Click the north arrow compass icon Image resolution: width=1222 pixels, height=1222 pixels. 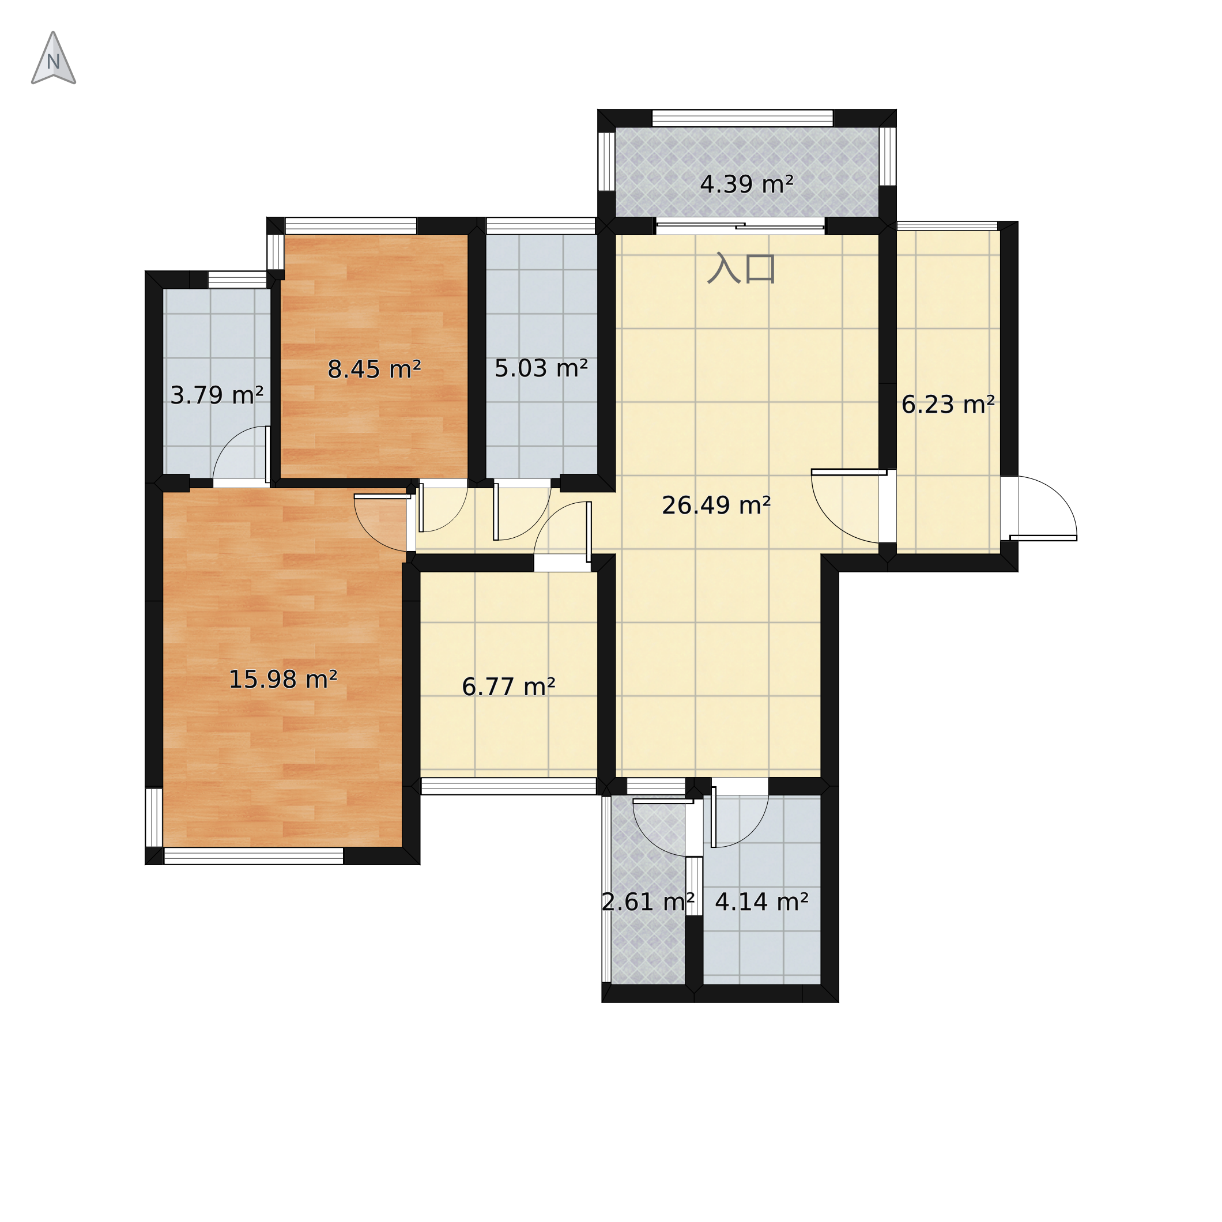tap(54, 58)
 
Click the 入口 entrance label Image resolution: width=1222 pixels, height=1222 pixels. tap(741, 267)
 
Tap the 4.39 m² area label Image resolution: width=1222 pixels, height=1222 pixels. tap(746, 184)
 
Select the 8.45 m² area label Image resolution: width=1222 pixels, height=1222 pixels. tap(375, 369)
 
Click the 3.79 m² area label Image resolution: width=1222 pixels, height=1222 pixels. tap(217, 395)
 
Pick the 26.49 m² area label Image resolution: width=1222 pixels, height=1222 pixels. tap(716, 506)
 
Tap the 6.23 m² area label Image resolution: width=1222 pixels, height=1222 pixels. tap(948, 404)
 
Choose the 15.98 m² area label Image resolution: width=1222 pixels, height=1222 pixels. tap(282, 680)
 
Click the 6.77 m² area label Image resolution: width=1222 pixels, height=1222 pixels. tap(508, 687)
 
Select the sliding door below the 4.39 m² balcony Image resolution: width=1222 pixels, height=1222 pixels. tap(741, 226)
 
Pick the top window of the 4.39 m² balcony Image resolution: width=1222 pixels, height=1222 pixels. tap(742, 118)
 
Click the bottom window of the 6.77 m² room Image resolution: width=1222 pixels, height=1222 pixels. tap(508, 786)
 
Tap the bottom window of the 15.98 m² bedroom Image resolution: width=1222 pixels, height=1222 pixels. tap(254, 857)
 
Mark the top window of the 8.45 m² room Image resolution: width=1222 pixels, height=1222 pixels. tap(351, 226)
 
